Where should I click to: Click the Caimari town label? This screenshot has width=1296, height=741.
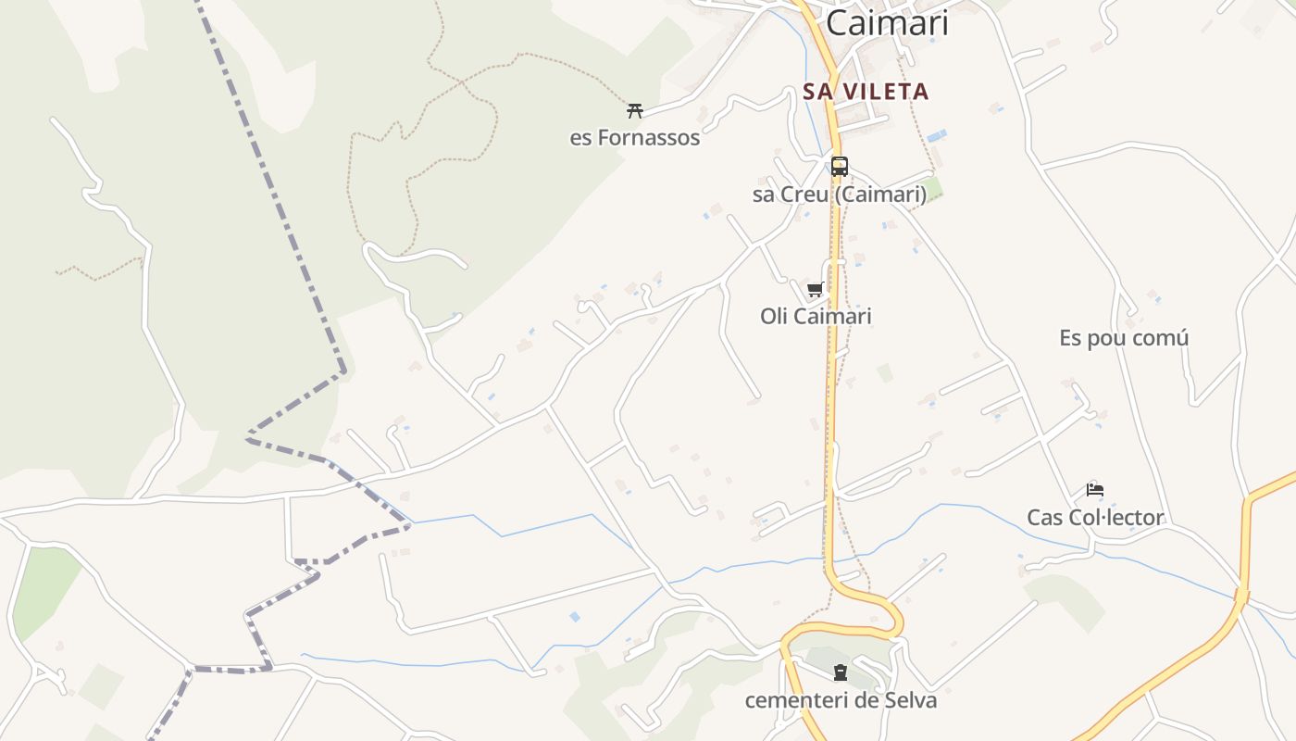[x=887, y=22]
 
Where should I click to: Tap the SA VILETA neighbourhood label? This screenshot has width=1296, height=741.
[x=866, y=92]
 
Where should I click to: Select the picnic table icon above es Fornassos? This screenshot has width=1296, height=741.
[x=634, y=111]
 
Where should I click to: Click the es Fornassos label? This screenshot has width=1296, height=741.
[x=634, y=138]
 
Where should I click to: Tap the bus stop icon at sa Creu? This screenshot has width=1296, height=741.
[x=840, y=167]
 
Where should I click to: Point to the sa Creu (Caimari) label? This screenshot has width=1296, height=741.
[x=840, y=195]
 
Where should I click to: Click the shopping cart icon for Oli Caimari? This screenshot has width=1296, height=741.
[x=816, y=289]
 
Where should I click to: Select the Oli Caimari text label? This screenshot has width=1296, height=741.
[x=816, y=317]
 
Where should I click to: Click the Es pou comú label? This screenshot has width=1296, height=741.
[x=1124, y=338]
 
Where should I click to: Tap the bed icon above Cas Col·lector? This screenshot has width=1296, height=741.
[x=1095, y=490]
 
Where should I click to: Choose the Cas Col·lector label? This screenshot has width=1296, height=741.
[x=1095, y=518]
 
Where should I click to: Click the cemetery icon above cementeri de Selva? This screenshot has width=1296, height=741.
[x=841, y=672]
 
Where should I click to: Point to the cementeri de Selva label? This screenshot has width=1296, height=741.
[x=841, y=700]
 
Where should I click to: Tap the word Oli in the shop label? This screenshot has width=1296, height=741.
[x=774, y=317]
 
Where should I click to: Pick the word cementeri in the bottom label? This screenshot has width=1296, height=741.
[x=797, y=700]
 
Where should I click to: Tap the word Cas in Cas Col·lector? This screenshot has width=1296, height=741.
[x=1045, y=518]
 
